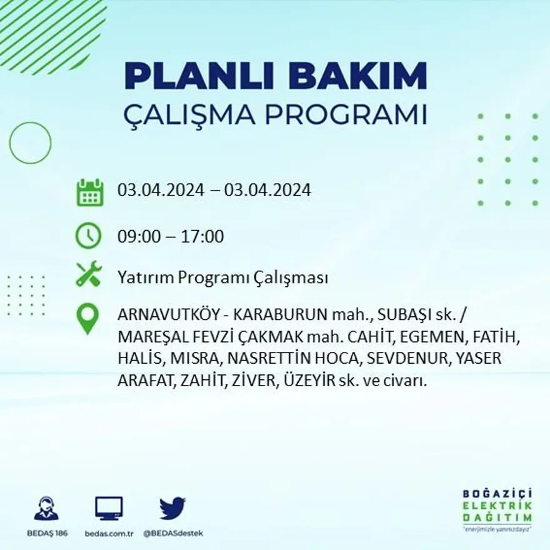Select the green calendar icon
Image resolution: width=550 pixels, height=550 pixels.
click(89, 192)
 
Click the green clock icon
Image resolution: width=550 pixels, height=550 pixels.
click(88, 236)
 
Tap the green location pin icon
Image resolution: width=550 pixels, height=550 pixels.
click(87, 317)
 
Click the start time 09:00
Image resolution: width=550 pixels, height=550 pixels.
click(136, 237)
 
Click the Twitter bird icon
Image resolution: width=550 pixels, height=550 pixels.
click(172, 508)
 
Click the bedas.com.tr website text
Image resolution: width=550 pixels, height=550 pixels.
click(109, 533)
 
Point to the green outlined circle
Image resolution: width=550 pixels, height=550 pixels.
click(30, 143)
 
